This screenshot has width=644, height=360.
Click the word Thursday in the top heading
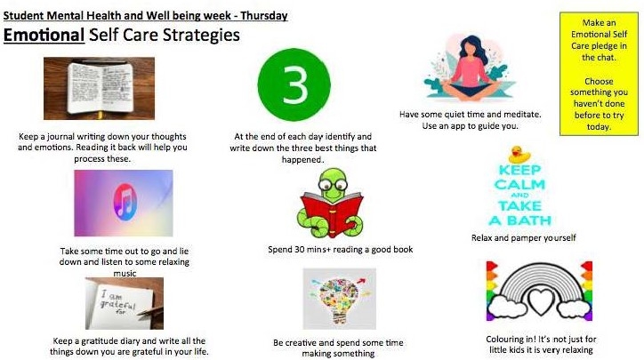click(263, 16)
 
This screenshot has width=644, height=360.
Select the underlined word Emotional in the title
click(44, 35)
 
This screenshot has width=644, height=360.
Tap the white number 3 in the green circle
click(294, 85)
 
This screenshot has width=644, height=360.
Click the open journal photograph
click(99, 88)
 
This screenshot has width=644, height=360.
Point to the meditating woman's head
click(471, 46)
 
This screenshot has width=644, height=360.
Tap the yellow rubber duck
click(519, 155)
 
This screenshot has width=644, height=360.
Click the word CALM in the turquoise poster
click(519, 184)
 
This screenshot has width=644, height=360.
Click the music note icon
click(125, 203)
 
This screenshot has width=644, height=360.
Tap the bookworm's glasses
click(333, 185)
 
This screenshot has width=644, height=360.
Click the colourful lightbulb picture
click(339, 299)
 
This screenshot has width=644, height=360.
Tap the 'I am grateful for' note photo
click(125, 303)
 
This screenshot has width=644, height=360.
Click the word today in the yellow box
click(599, 127)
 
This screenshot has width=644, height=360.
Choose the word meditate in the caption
click(522, 115)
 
